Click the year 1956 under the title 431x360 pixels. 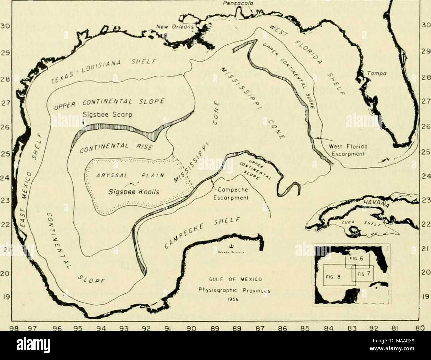(234, 297)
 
